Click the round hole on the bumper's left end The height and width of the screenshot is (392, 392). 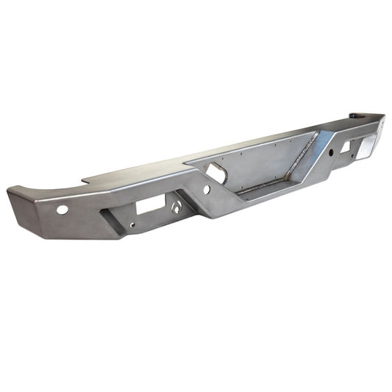[63, 210]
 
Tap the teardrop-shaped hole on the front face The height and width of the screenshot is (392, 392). [177, 208]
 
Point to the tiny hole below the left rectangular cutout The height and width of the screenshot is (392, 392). [132, 226]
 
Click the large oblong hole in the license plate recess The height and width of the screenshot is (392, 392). [218, 173]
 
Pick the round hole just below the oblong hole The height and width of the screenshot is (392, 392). [207, 190]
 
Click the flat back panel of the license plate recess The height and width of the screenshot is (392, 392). [257, 162]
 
